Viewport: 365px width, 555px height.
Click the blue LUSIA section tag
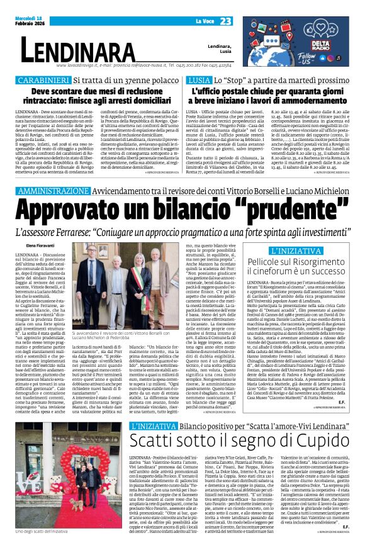tap(199, 81)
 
